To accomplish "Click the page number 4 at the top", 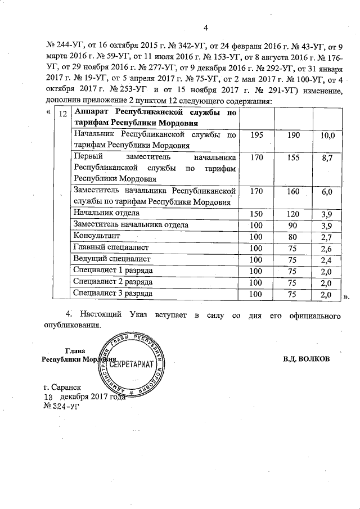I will click(205, 28).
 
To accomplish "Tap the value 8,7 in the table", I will click(327, 159).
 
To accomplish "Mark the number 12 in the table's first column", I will click(64, 113).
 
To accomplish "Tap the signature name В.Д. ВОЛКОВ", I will click(307, 358).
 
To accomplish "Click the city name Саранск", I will click(66, 388).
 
